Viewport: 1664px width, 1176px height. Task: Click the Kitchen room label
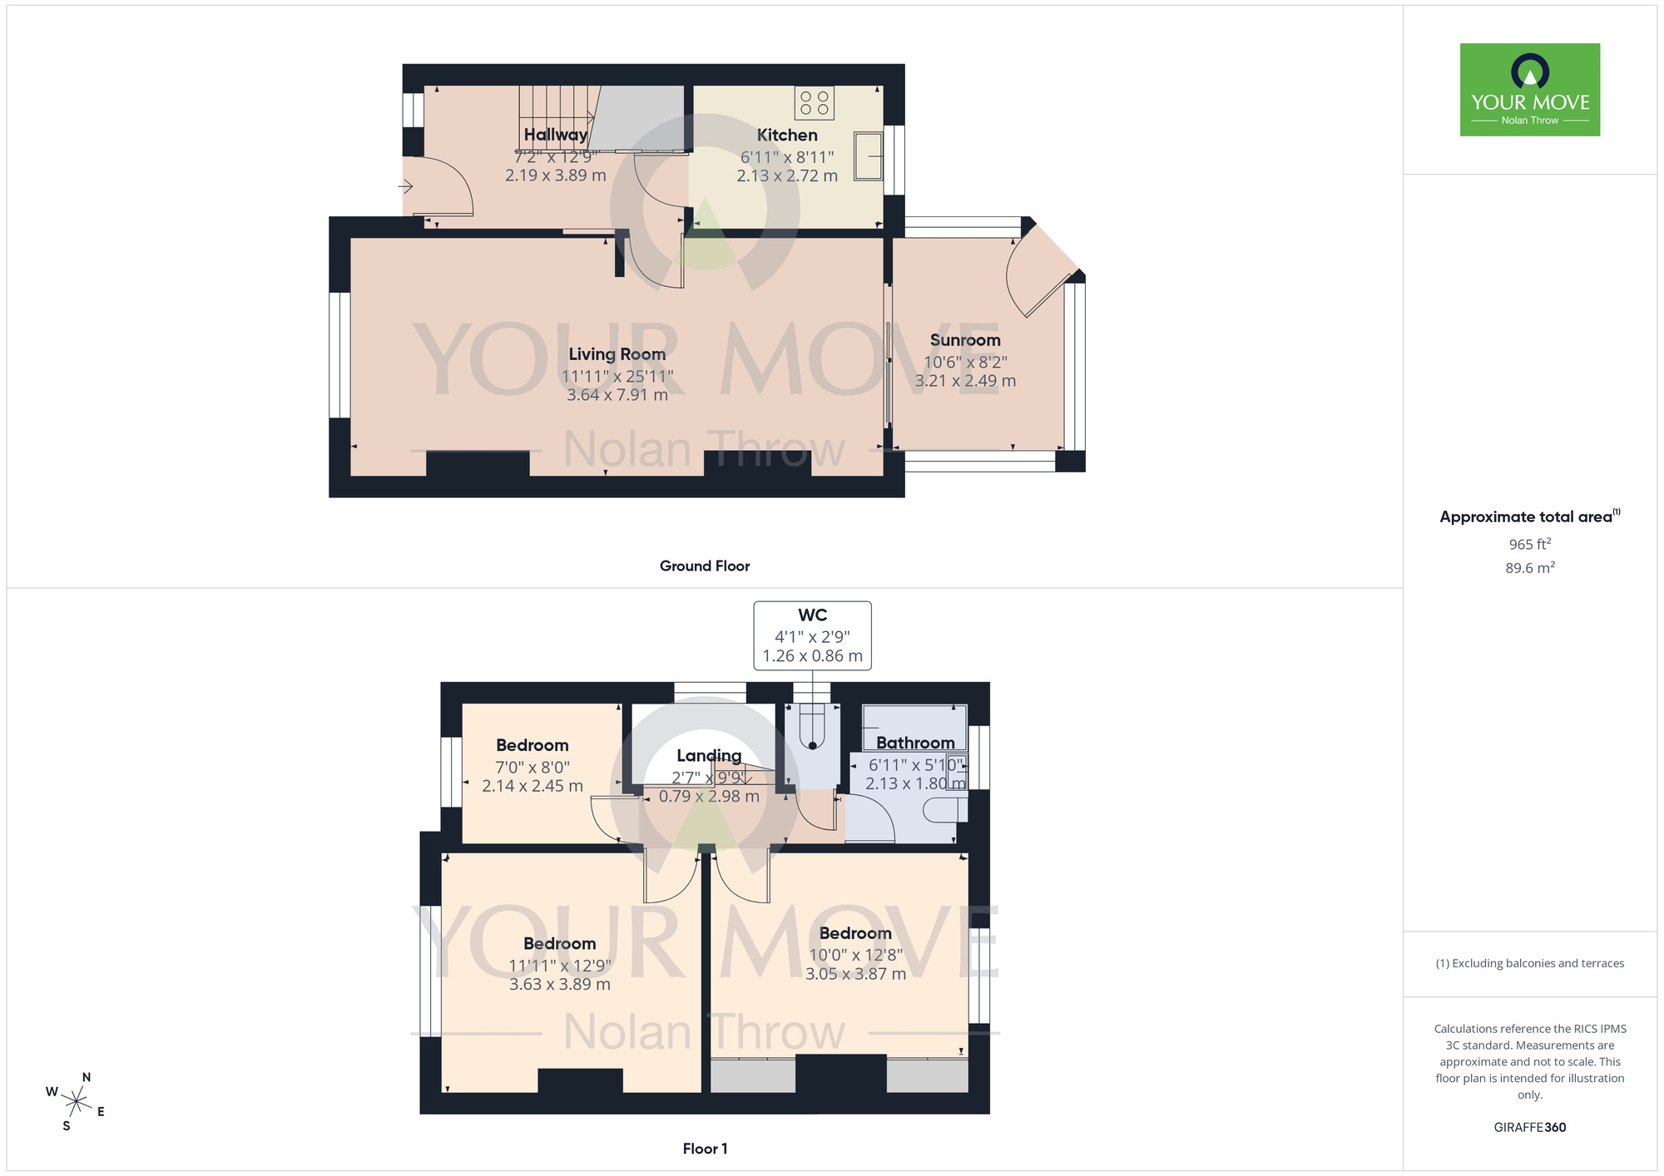[x=786, y=135]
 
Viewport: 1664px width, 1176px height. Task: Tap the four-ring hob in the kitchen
[x=814, y=103]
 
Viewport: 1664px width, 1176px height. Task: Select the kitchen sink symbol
[x=868, y=156]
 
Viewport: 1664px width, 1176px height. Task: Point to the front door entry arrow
[x=406, y=186]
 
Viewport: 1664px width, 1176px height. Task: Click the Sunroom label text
[x=965, y=340]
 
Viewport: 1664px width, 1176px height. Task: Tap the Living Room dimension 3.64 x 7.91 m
[x=617, y=395]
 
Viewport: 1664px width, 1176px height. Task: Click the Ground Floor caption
[x=704, y=566]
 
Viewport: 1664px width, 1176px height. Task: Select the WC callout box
[x=812, y=635]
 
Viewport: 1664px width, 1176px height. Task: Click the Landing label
[x=708, y=755]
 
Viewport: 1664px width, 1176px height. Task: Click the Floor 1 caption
[x=704, y=1149]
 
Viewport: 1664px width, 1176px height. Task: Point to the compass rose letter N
[x=86, y=1077]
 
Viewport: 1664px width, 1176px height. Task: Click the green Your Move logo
[x=1529, y=90]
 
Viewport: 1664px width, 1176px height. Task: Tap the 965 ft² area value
[x=1529, y=544]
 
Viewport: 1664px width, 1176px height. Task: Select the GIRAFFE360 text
[x=1529, y=1128]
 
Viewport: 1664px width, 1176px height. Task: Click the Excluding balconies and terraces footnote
[x=1529, y=963]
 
